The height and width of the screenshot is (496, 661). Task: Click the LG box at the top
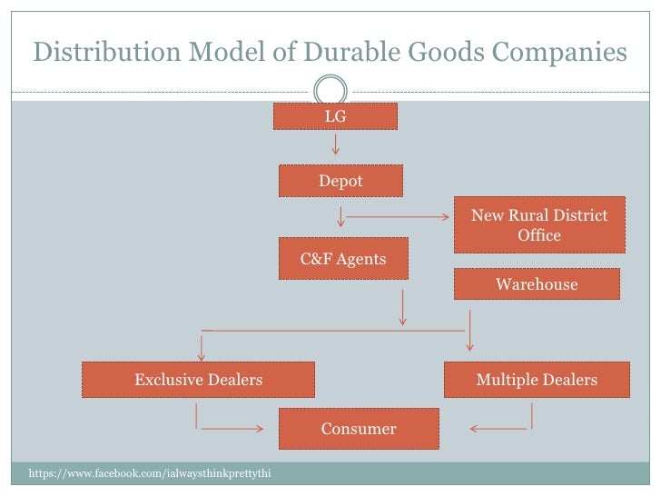tap(336, 116)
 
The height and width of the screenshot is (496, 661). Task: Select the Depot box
tap(340, 181)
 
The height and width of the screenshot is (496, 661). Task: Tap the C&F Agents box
tap(343, 259)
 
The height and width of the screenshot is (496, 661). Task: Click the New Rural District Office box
tap(539, 225)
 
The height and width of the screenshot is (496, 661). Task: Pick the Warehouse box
tap(537, 284)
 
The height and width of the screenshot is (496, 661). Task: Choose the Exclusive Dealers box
tap(199, 380)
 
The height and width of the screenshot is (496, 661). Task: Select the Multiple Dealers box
tap(537, 380)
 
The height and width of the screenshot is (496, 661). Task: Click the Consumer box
tap(359, 429)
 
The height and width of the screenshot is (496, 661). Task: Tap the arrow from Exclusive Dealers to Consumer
tap(232, 428)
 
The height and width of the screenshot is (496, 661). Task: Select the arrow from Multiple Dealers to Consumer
tap(499, 428)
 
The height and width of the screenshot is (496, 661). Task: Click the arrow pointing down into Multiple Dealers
tap(469, 331)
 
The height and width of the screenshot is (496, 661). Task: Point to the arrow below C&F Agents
tap(402, 309)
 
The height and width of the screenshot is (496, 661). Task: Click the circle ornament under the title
tap(330, 90)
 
